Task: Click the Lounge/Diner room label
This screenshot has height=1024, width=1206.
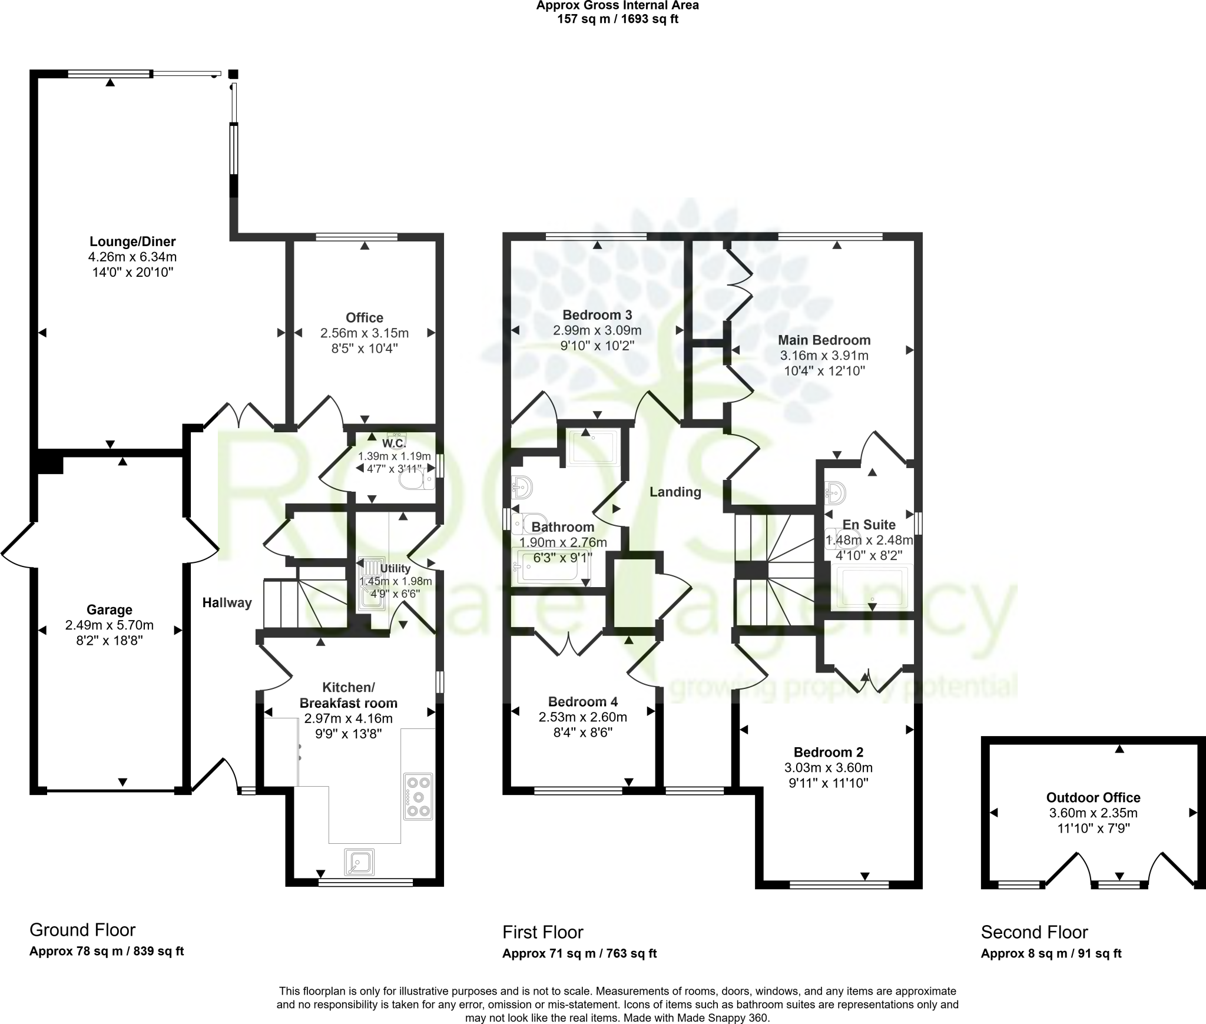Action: (132, 241)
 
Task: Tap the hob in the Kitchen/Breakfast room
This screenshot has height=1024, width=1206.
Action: (418, 796)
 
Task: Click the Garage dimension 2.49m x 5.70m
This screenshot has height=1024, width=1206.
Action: (110, 625)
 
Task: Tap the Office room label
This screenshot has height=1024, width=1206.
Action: (365, 318)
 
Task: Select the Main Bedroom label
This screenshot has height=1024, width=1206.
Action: (824, 340)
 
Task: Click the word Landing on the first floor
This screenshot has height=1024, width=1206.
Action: (675, 492)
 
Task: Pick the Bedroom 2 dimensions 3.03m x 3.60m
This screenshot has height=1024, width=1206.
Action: (828, 767)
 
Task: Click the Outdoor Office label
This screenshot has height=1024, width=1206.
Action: (1093, 797)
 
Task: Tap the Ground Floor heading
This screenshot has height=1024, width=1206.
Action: (82, 930)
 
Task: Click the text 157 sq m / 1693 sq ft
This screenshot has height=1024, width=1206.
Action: (617, 19)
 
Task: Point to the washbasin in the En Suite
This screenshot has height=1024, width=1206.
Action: (836, 492)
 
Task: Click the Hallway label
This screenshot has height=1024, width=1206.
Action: (227, 602)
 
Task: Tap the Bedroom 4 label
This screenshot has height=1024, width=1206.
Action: (582, 701)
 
